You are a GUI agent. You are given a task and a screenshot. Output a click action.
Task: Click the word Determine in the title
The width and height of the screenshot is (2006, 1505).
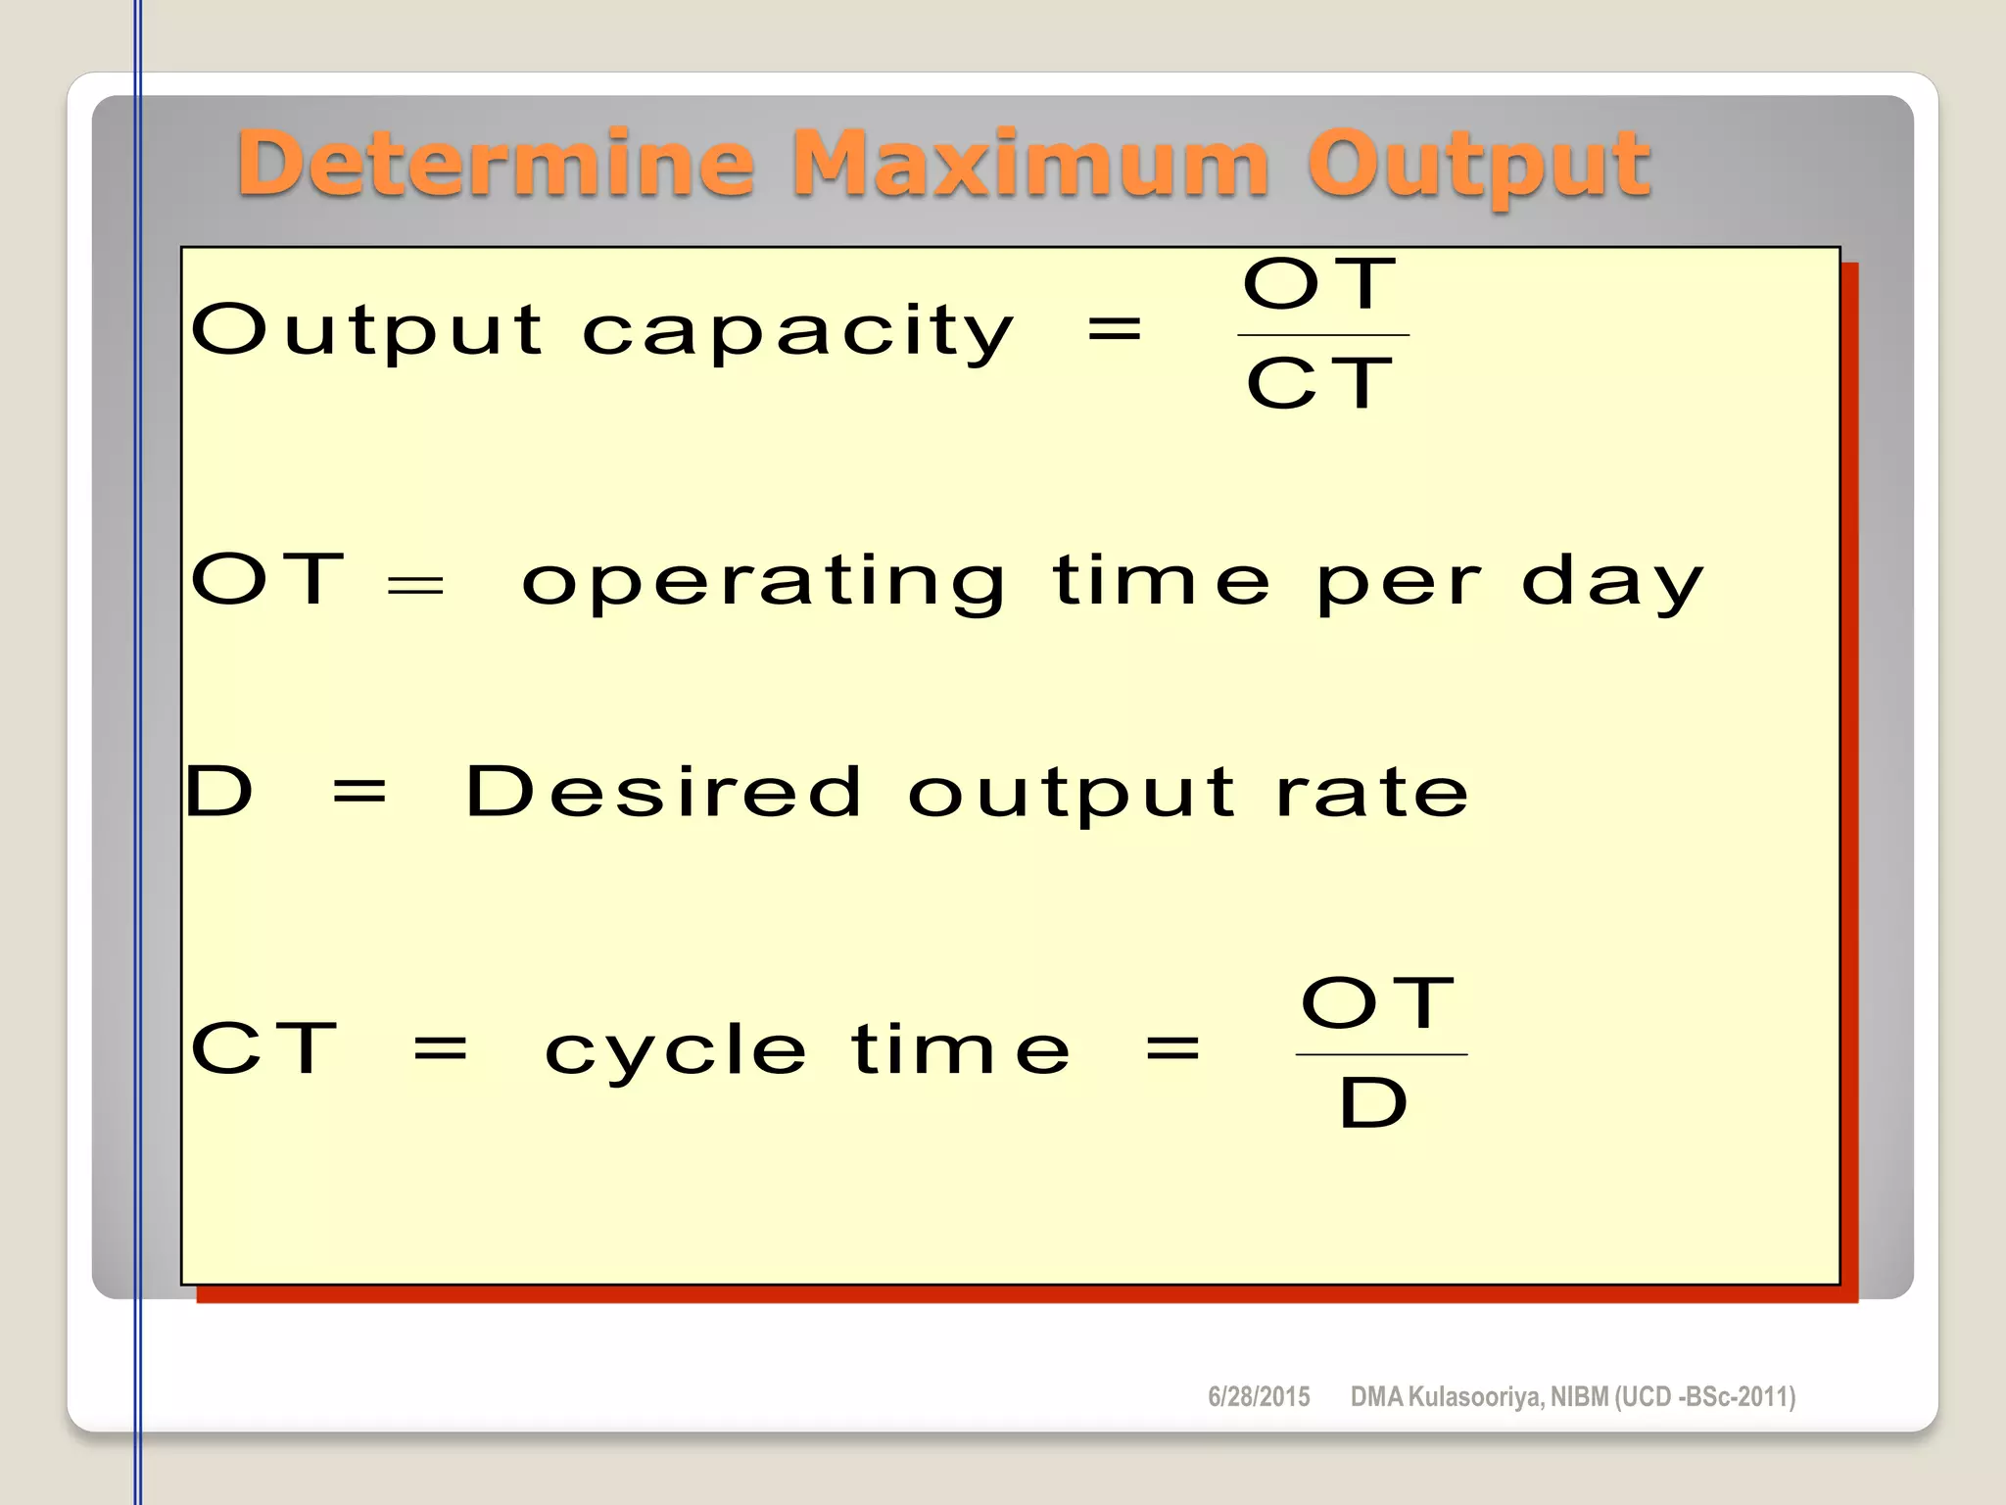pyautogui.click(x=496, y=164)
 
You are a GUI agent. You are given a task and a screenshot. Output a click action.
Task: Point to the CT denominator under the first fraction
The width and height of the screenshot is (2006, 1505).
pyautogui.click(x=1320, y=383)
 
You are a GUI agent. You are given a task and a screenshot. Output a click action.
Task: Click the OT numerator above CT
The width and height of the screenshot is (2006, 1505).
pyautogui.click(x=1320, y=284)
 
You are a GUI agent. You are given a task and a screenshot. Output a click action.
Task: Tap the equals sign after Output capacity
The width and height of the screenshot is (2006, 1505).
pyautogui.click(x=1115, y=328)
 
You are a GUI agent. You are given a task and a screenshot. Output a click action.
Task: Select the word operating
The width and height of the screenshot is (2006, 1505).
pyautogui.click(x=763, y=583)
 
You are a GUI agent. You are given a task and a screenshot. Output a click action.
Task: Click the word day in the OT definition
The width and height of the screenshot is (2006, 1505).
pyautogui.click(x=1612, y=583)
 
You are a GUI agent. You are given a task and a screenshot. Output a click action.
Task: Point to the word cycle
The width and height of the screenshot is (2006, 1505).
pyautogui.click(x=676, y=1050)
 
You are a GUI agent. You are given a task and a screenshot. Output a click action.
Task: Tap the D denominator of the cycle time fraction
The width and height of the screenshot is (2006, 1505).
pyautogui.click(x=1373, y=1103)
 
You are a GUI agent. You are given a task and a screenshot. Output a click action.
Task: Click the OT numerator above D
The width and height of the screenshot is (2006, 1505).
pyautogui.click(x=1378, y=1003)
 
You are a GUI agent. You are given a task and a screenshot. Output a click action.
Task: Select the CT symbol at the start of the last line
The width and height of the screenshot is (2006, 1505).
pyautogui.click(x=264, y=1048)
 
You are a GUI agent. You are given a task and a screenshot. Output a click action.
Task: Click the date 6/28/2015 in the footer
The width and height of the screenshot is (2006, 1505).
pyautogui.click(x=1259, y=1397)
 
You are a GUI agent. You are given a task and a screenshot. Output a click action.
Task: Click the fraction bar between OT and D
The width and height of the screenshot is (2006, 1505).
pyautogui.click(x=1381, y=1054)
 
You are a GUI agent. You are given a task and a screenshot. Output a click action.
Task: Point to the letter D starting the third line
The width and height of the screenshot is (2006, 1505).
pyautogui.click(x=219, y=792)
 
